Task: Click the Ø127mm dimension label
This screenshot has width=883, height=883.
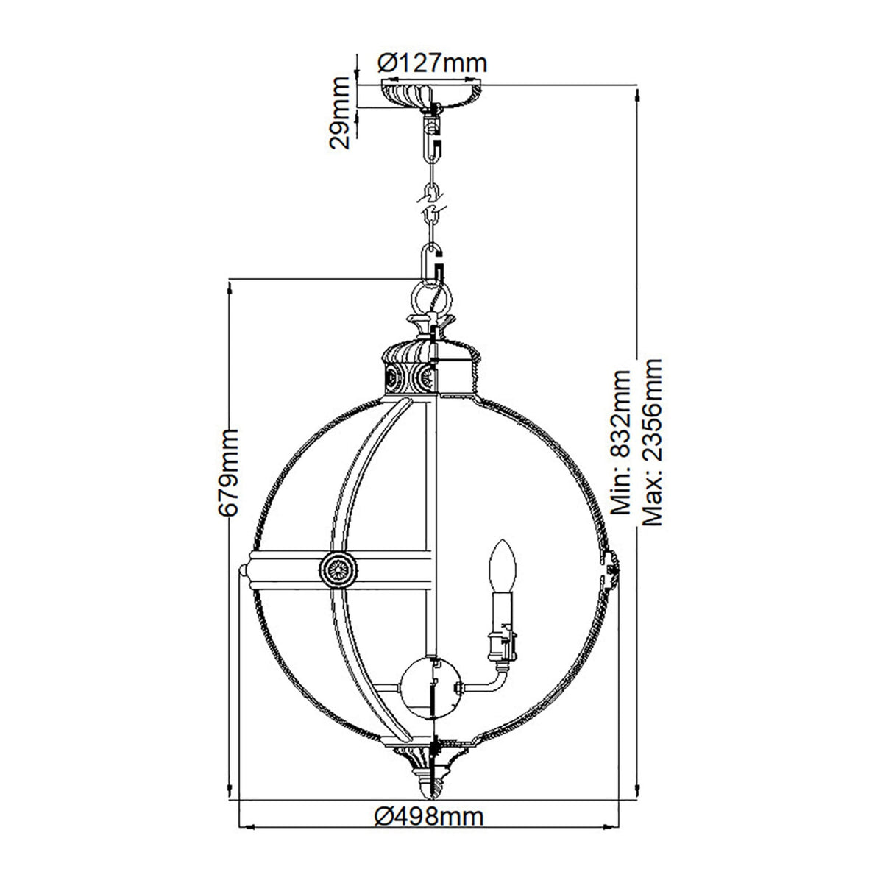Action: click(432, 63)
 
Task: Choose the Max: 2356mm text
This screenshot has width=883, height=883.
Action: click(652, 441)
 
